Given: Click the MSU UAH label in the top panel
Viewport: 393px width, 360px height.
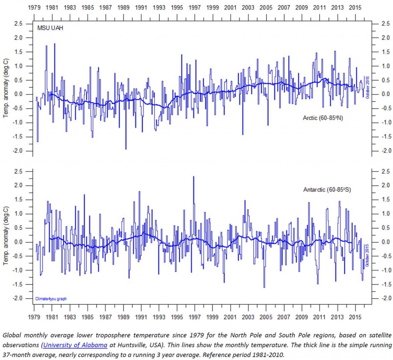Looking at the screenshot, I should click(x=48, y=28).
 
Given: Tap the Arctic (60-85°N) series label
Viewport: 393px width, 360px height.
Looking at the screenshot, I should click(x=323, y=118).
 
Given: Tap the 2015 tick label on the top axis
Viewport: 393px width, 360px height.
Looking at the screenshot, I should click(x=355, y=7).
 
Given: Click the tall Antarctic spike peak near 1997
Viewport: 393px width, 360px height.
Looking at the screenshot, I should click(x=193, y=177).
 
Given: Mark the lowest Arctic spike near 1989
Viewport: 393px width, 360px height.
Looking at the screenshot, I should click(x=126, y=149).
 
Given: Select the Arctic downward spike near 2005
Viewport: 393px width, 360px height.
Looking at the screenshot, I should click(x=268, y=125).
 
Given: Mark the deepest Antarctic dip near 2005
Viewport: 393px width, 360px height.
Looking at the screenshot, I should click(x=264, y=287).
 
